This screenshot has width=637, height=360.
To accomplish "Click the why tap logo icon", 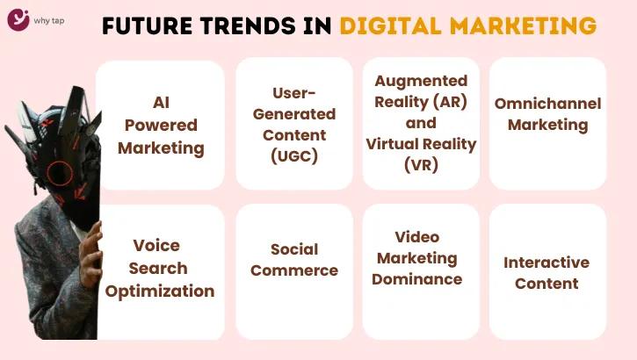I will click(x=19, y=18).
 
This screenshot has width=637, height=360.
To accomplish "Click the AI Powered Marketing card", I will click(x=161, y=125).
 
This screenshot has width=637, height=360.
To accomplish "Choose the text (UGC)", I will click(x=294, y=156).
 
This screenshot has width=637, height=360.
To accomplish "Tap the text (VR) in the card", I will click(x=421, y=163).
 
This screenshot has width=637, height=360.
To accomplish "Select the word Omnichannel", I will click(x=547, y=104).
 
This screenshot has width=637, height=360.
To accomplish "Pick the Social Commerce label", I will click(x=294, y=260).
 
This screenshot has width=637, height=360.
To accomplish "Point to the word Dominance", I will click(x=416, y=279).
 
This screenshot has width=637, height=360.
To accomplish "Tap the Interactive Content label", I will click(x=547, y=272).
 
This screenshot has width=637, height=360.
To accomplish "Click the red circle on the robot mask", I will click(x=60, y=172).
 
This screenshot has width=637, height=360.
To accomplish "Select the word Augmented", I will click(x=421, y=81).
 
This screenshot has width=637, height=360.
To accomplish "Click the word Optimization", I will click(x=160, y=291).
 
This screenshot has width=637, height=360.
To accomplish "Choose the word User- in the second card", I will click(x=294, y=93).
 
